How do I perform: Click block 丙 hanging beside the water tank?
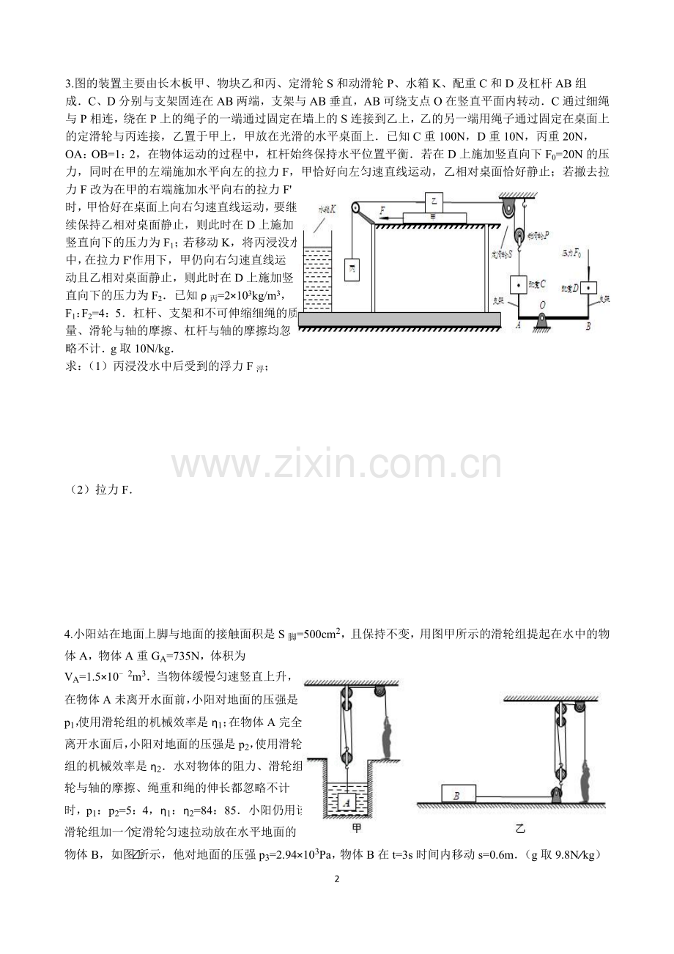click(x=352, y=267)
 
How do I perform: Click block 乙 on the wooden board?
click(x=433, y=200)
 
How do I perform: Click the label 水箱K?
click(x=328, y=208)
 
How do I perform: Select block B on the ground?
click(x=459, y=794)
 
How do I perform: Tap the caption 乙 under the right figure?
click(x=522, y=829)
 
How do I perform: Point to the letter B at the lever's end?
click(x=588, y=328)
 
